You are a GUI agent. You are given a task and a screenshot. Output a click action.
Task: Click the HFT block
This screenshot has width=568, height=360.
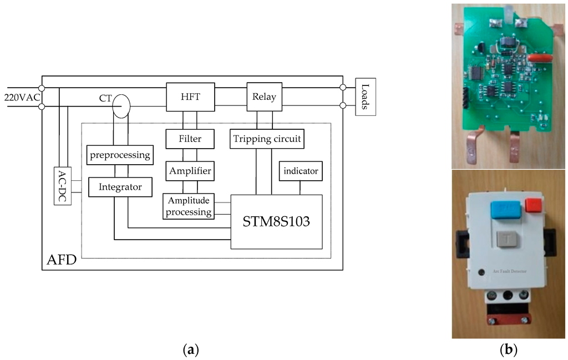(x=190, y=97)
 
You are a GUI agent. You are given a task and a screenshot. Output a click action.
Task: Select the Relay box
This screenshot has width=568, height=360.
(x=264, y=97)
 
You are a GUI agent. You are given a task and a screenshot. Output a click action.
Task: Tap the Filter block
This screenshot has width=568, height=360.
(x=190, y=139)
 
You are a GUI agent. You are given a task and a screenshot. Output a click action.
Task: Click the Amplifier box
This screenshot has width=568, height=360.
(x=190, y=171)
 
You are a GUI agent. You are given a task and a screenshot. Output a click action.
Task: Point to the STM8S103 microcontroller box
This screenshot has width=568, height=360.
(x=276, y=221)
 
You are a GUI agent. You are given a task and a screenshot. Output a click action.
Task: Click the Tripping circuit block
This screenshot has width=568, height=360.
(x=267, y=139)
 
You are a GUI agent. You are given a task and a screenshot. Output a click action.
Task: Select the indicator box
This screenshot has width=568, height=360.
(x=301, y=171)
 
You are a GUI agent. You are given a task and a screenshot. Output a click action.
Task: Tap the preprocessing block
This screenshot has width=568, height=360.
(x=119, y=155)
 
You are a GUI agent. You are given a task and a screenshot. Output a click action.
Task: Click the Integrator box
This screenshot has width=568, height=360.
(x=119, y=187)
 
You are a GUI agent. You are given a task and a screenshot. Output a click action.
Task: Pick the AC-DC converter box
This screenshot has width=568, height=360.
(x=63, y=185)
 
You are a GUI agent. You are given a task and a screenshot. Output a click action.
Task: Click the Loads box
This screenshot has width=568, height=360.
(x=365, y=97)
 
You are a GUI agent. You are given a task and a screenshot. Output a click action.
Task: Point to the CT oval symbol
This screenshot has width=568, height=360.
(x=121, y=105)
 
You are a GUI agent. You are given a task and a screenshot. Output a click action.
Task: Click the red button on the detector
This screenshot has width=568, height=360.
(x=533, y=205)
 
